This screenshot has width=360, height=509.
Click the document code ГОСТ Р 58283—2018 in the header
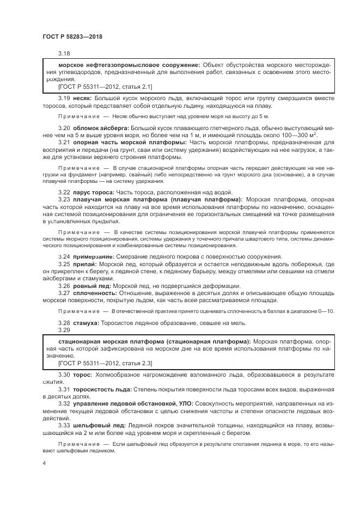pyautogui.click(x=72, y=36)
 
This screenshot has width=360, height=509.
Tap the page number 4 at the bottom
pyautogui.click(x=44, y=463)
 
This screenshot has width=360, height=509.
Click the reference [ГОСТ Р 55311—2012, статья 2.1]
pyautogui.click(x=105, y=86)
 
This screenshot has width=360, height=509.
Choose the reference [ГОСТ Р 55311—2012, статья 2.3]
pyautogui.click(x=105, y=363)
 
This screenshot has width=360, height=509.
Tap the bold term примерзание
pyautogui.click(x=94, y=256)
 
